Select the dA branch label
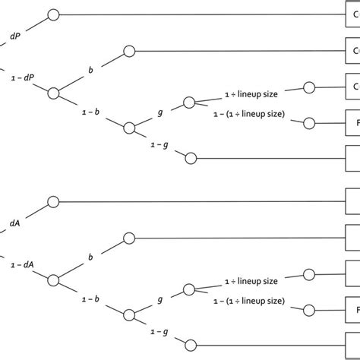click(15, 223)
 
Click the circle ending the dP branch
click(52, 14)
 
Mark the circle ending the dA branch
click(52, 202)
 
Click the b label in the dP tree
click(90, 69)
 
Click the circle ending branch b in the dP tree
click(128, 52)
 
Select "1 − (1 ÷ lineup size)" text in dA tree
click(254, 302)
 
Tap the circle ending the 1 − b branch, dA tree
click(129, 313)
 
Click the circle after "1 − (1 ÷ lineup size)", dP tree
click(308, 122)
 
